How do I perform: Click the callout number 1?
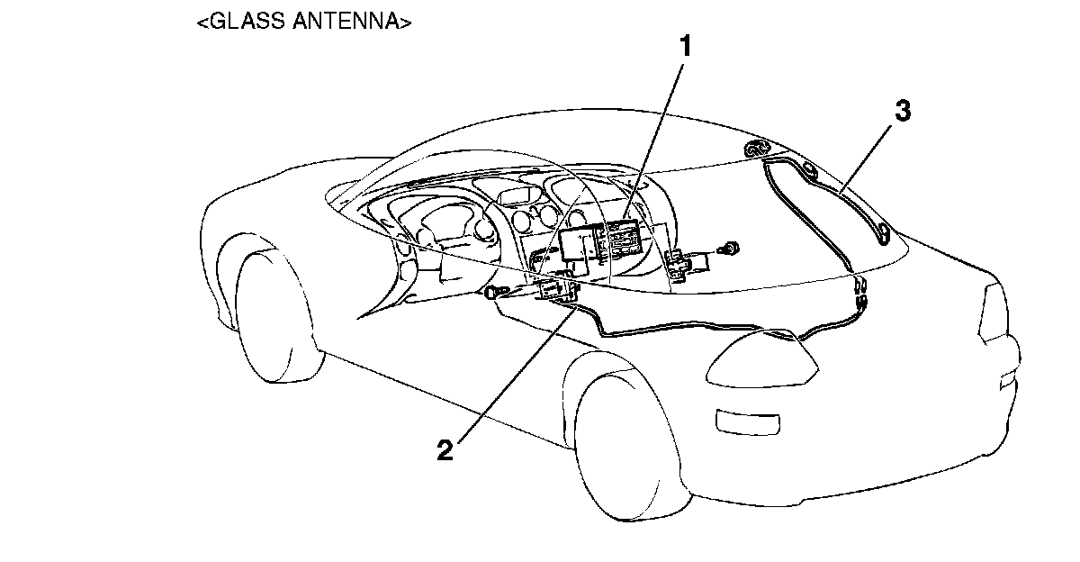[x=686, y=47]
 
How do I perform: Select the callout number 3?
[x=903, y=112]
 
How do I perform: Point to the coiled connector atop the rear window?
[x=758, y=149]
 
